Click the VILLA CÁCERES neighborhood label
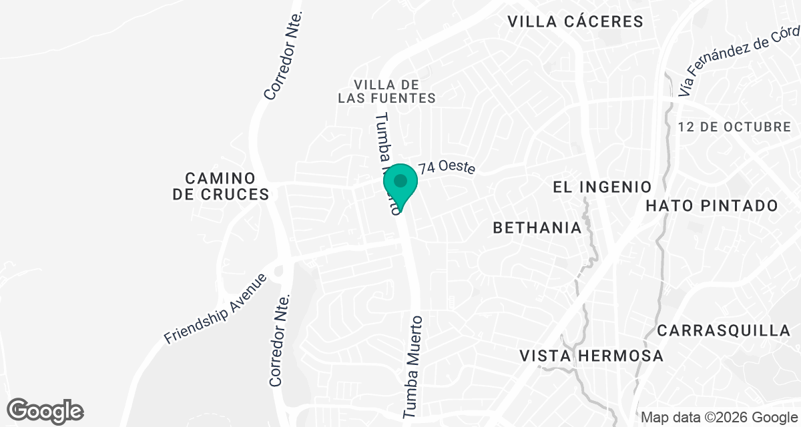pos(575,21)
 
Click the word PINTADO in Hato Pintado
pos(743,205)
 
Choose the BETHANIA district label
pos(537,228)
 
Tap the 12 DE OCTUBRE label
pos(734,127)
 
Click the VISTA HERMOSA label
pos(591,356)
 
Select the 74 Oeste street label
pos(447,167)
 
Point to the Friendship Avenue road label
pos(215,309)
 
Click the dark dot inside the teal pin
pos(400,181)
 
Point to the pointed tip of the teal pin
pos(400,213)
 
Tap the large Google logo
pos(45,410)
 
